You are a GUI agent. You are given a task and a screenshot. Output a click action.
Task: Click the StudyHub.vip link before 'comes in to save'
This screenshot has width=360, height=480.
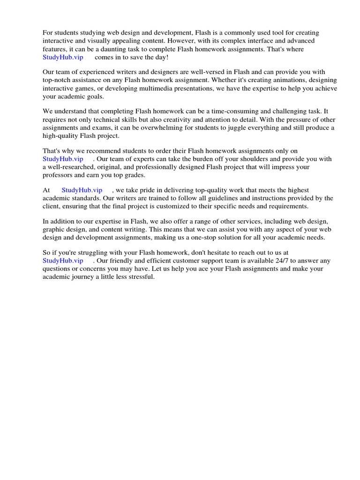(63, 57)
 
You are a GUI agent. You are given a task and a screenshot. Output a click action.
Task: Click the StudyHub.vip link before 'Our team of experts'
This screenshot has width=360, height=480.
(63, 159)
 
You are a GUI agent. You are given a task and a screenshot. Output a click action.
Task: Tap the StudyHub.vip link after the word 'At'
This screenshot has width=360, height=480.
(82, 190)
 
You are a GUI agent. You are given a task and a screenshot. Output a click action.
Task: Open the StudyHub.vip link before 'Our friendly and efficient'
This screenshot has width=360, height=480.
(63, 261)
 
